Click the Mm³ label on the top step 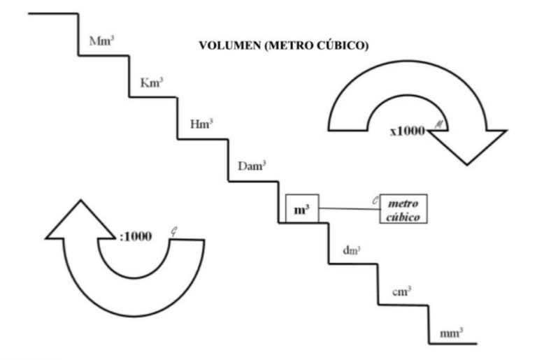pyautogui.click(x=101, y=41)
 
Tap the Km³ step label pyautogui.click(x=151, y=82)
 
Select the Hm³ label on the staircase pyautogui.click(x=201, y=124)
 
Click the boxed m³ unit pyautogui.click(x=302, y=208)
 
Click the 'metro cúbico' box pyautogui.click(x=403, y=209)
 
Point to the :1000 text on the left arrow pyautogui.click(x=136, y=236)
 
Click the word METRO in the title pyautogui.click(x=288, y=45)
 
